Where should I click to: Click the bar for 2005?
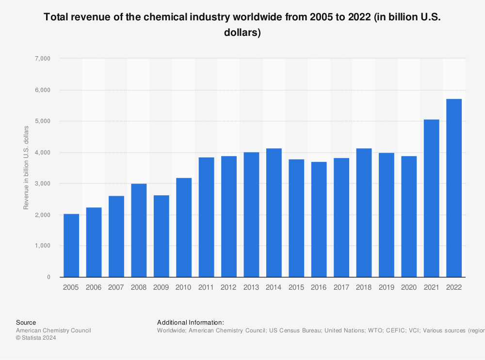click(71, 245)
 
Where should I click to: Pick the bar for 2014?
click(274, 213)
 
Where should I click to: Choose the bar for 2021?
click(431, 198)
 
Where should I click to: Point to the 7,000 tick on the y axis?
click(42, 59)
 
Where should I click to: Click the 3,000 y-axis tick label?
click(42, 184)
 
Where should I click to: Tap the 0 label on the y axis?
click(48, 277)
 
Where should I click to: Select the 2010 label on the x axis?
click(184, 287)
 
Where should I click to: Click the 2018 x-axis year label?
click(364, 287)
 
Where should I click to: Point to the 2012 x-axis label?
click(228, 287)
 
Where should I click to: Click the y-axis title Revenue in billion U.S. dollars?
click(26, 168)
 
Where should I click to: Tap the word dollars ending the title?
click(242, 33)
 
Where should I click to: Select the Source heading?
click(26, 322)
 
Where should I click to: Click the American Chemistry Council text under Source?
click(53, 330)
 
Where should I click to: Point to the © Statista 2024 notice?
click(36, 338)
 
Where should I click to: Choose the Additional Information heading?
click(190, 322)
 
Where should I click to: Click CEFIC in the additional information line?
click(384, 330)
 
